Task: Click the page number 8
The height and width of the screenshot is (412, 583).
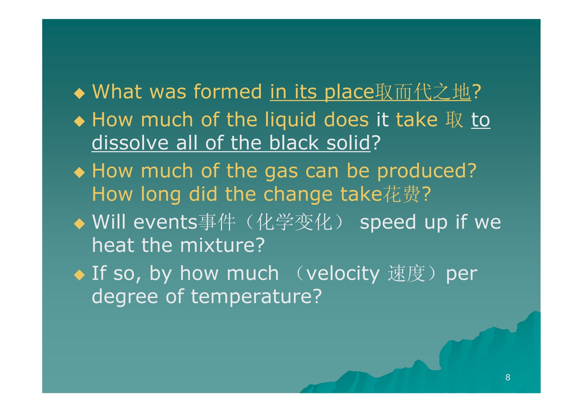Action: [508, 377]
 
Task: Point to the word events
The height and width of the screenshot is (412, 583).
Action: [166, 222]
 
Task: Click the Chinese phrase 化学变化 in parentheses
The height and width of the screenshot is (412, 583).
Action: [294, 222]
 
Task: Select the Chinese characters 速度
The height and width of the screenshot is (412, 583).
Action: [406, 273]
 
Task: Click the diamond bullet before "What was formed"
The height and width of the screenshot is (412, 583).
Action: [79, 93]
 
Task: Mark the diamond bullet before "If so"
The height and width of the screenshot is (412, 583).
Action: [79, 275]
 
